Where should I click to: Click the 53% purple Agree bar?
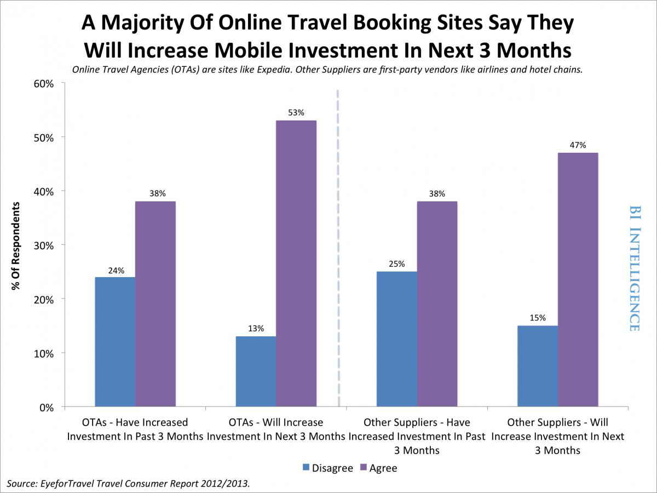pyautogui.click(x=296, y=263)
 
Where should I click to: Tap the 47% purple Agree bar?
pyautogui.click(x=578, y=279)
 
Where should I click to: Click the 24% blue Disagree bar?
pyautogui.click(x=115, y=342)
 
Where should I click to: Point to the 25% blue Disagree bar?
pyautogui.click(x=397, y=339)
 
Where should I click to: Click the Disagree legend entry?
pyautogui.click(x=328, y=468)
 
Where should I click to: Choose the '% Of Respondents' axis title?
pyautogui.click(x=17, y=245)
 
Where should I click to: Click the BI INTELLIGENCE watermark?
pyautogui.click(x=635, y=268)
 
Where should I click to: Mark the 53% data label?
pyautogui.click(x=296, y=113)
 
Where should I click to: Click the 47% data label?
pyautogui.click(x=578, y=145)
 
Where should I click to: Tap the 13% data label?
pyautogui.click(x=256, y=329)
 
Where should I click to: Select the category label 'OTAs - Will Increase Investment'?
pyautogui.click(x=275, y=429)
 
